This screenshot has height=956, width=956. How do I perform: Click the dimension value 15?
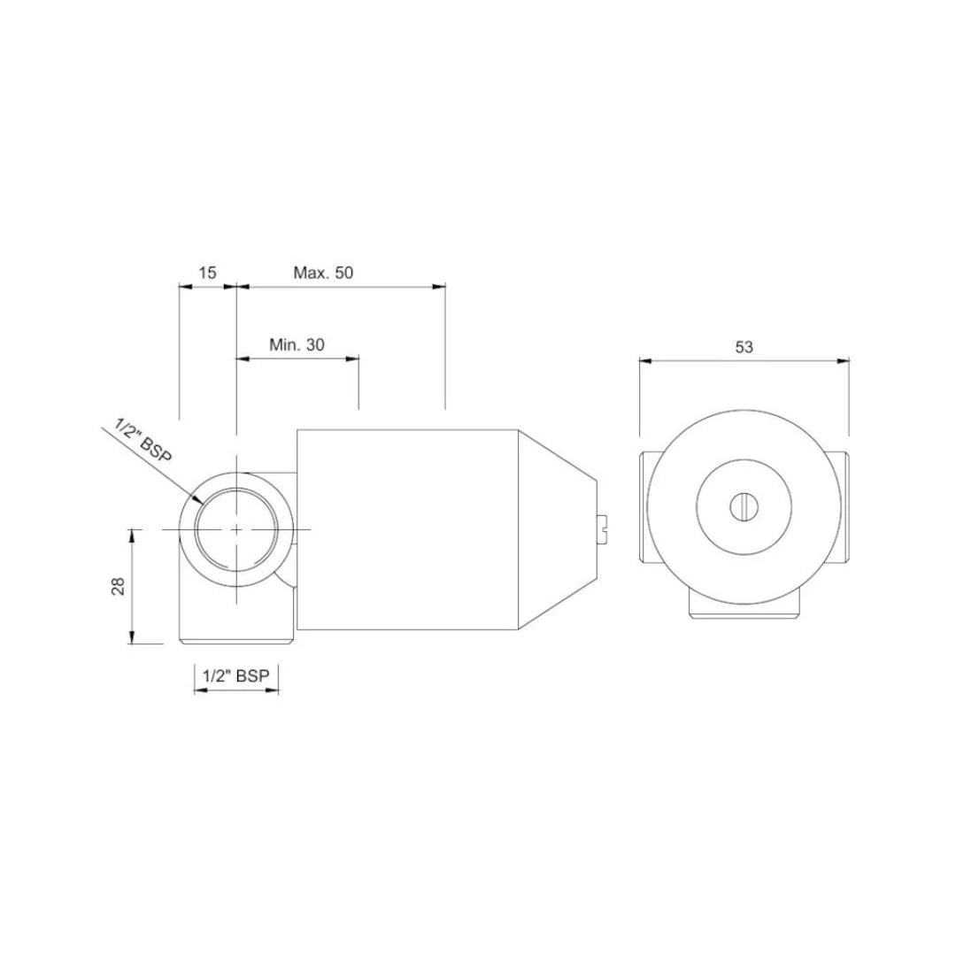[206, 273]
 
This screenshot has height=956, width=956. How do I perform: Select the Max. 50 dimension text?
[323, 273]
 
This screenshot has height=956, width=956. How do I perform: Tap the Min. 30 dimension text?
[297, 344]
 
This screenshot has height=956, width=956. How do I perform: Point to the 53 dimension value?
[744, 347]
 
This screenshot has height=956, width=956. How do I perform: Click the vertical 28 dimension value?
[118, 586]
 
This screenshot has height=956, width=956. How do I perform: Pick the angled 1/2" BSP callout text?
[143, 440]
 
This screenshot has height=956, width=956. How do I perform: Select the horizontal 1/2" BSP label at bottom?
[235, 675]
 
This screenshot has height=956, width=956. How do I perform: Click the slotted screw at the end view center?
[744, 506]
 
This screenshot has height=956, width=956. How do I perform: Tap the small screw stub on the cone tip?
[605, 529]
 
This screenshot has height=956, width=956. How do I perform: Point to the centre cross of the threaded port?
[236, 528]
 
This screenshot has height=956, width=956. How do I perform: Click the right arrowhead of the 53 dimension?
[844, 360]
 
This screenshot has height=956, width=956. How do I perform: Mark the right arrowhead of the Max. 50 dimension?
[439, 286]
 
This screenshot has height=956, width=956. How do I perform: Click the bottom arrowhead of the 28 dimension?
[132, 638]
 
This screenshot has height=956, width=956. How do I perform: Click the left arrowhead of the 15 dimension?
[185, 286]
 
